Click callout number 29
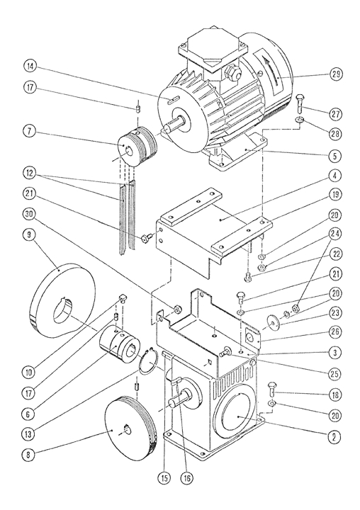coord(336,74)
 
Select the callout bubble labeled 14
coord(30,67)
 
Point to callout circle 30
coord(29,214)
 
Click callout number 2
coord(336,437)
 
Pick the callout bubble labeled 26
coord(336,332)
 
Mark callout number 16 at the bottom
coord(186,478)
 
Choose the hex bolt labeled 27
coord(300,103)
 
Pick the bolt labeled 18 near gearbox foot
coord(272,389)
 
